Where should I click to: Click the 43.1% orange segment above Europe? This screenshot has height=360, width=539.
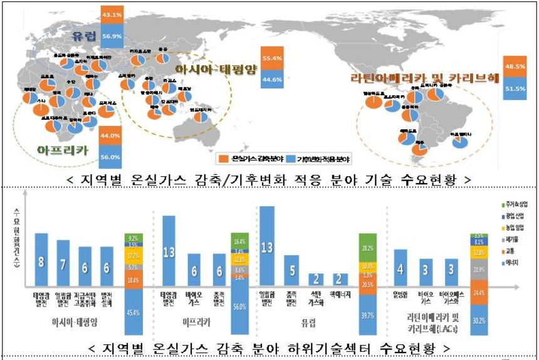111,14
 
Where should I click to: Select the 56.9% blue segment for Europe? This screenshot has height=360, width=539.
111,36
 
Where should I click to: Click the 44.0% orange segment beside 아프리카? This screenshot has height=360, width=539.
110,135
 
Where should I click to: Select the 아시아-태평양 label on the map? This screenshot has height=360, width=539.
216,70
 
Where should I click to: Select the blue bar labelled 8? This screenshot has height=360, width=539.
41,260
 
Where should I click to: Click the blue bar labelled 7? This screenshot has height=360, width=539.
63,263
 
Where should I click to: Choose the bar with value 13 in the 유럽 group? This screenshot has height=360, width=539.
267,246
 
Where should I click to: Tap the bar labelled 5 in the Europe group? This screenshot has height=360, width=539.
291,270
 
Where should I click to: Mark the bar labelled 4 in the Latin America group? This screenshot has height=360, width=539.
400,268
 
